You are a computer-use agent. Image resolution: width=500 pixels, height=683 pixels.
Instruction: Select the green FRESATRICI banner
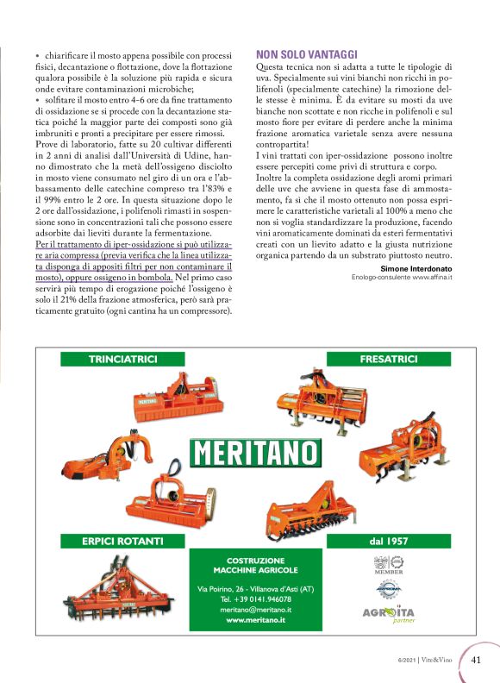point(389,358)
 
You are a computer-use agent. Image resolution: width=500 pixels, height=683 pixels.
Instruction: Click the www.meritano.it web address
point(255,620)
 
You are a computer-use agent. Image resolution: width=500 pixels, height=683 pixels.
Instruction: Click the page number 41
point(477,660)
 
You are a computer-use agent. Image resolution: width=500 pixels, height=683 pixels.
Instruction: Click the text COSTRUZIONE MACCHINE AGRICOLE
point(255,565)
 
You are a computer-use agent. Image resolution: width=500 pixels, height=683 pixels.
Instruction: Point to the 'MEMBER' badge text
point(383,570)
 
